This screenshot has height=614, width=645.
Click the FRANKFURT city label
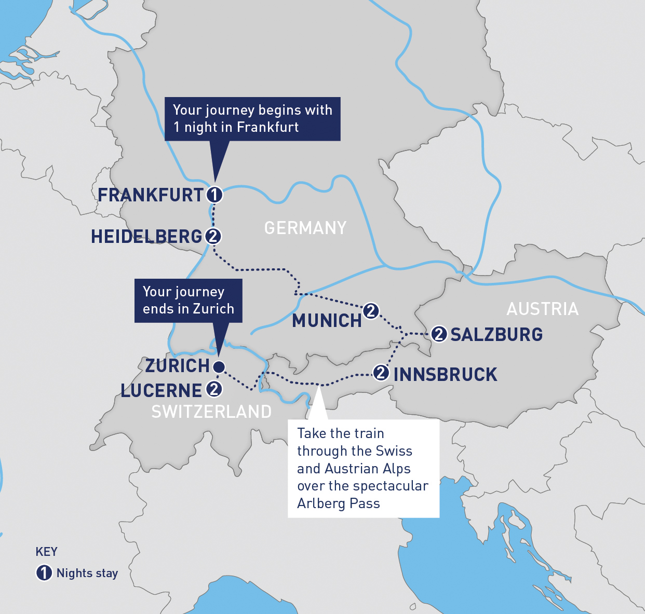pos(151,195)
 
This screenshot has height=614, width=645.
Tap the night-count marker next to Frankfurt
pos(214,195)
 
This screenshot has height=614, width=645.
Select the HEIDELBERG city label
pos(146,237)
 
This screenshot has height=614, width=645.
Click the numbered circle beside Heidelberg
pos(213,237)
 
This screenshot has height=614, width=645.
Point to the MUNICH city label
pos(327,321)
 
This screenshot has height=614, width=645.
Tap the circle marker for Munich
pos(371,311)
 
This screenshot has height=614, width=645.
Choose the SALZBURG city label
pos(496,334)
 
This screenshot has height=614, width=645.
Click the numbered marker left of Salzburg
pos(439,334)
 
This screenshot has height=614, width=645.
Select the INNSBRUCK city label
pos(445,374)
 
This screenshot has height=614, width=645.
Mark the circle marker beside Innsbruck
pos(381,373)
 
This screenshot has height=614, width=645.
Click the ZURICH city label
pos(177,366)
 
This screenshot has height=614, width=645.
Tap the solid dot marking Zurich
pos(219,367)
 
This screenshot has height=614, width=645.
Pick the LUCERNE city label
pos(161,390)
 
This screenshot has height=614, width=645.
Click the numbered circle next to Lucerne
pos(214,389)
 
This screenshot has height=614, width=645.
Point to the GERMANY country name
pos(305,228)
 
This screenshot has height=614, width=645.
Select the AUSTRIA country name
pos(542,309)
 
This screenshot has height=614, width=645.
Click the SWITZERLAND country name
pos(211,412)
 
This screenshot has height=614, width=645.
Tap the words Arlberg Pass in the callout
pos(338,503)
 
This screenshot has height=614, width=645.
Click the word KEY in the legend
pos(46,552)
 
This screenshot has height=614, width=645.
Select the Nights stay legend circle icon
pos(44,573)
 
